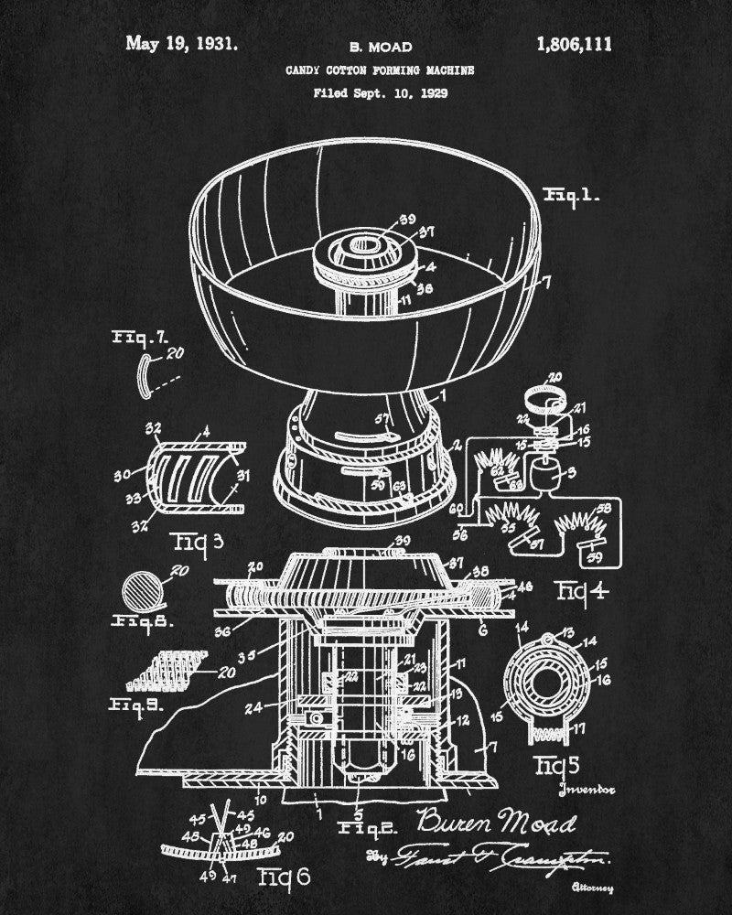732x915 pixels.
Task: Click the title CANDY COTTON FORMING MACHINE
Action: (380, 70)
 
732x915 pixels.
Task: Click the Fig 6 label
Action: (285, 877)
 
